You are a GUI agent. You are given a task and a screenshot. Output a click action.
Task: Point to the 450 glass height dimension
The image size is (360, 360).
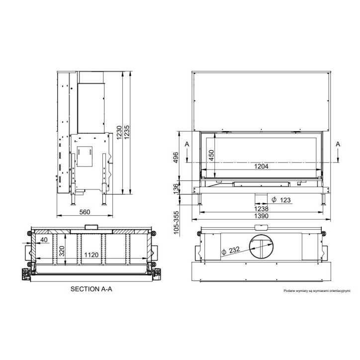click(x=211, y=155)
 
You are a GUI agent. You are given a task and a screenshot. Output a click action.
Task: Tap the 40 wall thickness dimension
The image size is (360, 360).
click(x=44, y=240)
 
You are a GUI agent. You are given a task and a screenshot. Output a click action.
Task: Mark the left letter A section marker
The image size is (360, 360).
click(x=186, y=143)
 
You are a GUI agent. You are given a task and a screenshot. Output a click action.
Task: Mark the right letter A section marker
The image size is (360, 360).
click(x=338, y=143)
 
